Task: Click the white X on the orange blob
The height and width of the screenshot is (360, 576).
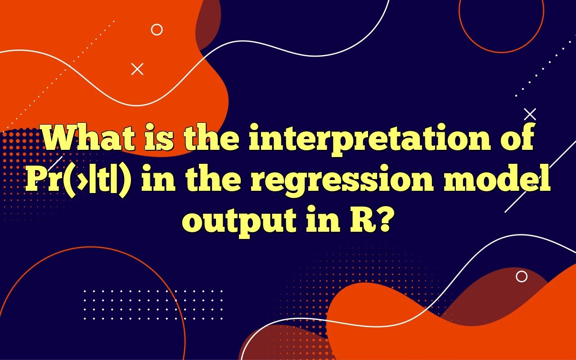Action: tap(137, 69)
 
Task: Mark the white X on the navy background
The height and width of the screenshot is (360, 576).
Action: tap(530, 114)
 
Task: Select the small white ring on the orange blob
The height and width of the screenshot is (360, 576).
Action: tap(157, 30)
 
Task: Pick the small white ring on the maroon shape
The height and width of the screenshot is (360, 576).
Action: tap(522, 276)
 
